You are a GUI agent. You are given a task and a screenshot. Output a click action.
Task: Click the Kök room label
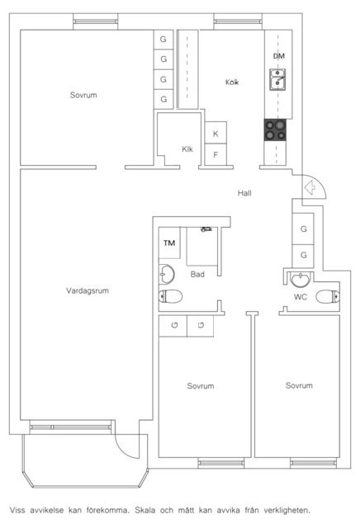[232, 82]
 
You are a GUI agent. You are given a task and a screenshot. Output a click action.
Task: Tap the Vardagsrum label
[88, 290]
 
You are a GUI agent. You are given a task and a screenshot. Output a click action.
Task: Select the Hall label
[244, 193]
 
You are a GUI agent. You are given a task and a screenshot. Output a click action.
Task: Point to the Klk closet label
[187, 148]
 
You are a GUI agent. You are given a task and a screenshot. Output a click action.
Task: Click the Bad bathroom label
[197, 274]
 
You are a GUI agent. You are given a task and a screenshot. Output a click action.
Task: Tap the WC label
[301, 297]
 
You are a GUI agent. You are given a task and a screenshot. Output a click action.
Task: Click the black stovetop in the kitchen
[276, 130]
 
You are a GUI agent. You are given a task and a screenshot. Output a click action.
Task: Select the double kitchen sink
[277, 79]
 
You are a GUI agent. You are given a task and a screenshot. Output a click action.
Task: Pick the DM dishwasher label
[279, 56]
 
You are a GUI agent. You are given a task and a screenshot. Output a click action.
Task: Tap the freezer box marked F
[216, 154]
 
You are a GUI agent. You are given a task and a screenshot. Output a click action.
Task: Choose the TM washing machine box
[169, 243]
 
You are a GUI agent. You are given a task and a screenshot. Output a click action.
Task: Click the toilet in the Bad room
[171, 296]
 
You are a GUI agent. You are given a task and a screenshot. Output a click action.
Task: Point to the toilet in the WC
[328, 297]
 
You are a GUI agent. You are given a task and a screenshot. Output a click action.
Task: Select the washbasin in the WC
[300, 280]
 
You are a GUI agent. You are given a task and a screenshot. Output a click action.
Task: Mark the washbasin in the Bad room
[167, 274]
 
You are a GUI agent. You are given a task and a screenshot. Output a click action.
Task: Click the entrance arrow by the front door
[310, 187]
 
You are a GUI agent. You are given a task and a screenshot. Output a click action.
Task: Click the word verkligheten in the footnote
[287, 510]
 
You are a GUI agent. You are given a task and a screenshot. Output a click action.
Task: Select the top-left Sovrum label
[83, 95]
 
